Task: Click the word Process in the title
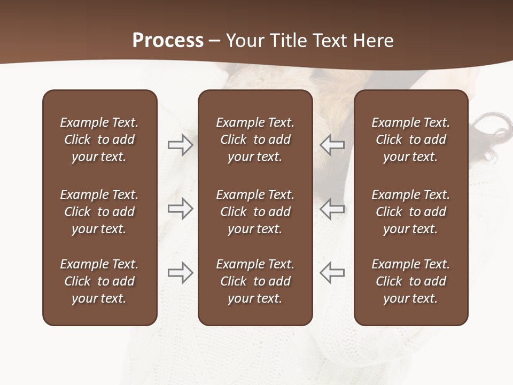(168, 41)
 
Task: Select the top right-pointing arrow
(180, 145)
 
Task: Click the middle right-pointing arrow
(180, 209)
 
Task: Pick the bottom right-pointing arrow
(180, 273)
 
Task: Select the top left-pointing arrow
(332, 145)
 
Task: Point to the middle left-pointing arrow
(332, 209)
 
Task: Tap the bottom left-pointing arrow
(332, 273)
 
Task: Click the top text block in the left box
(99, 140)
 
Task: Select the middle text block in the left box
(99, 212)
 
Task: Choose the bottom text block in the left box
(99, 281)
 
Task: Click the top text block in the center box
(255, 140)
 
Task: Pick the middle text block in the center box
(255, 212)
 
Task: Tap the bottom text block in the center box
(255, 281)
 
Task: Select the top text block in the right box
(411, 140)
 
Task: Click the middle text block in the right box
(411, 212)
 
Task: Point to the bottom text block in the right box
(411, 281)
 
